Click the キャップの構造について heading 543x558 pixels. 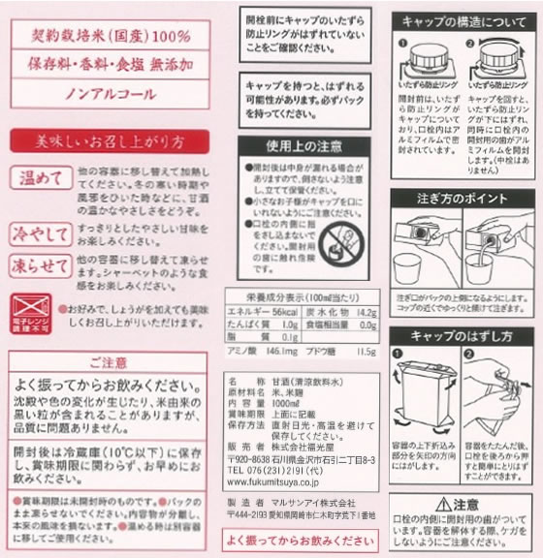(463, 20)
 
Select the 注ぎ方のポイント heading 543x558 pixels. (463, 198)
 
